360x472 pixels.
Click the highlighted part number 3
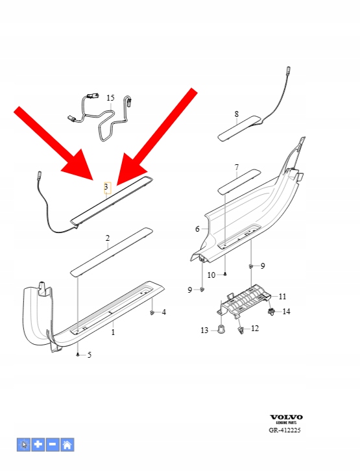[106, 187]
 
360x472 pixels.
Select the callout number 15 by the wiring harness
[110, 98]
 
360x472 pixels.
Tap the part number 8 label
[237, 114]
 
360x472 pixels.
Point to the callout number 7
[237, 167]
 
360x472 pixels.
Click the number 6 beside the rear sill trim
[197, 229]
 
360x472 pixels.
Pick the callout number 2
[108, 238]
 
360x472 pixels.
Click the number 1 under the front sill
[113, 332]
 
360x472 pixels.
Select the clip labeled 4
[152, 313]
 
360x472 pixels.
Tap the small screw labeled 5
[78, 355]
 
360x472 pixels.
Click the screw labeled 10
[225, 274]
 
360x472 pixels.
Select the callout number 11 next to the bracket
[282, 297]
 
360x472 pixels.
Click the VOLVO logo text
[286, 417]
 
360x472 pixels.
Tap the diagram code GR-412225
[285, 430]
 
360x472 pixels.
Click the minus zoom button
[53, 445]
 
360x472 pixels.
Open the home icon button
[67, 445]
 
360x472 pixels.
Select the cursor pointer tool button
[23, 445]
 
